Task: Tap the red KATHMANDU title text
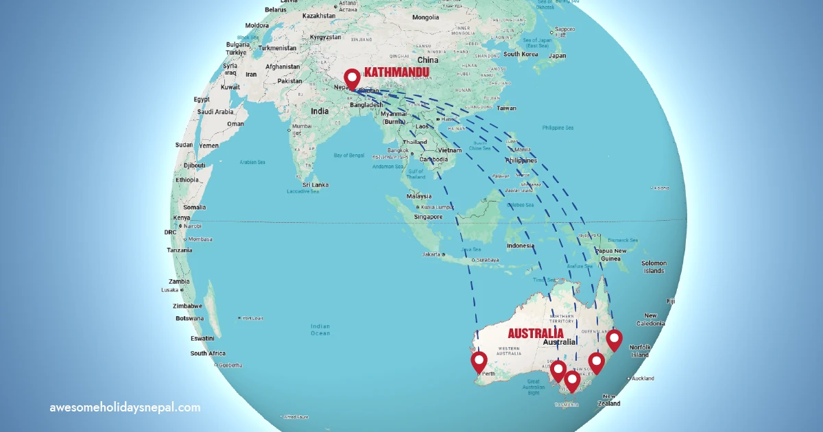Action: coord(396,72)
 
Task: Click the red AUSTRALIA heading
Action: coord(536,333)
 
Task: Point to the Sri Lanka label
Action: coord(315,184)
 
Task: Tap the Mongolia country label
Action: coord(425,17)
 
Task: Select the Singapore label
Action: coord(428,217)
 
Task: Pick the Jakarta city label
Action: coord(431,254)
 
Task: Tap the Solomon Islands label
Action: coord(654,267)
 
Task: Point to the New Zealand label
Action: coord(611,400)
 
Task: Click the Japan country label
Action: coord(557,56)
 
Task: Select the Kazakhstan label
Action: coord(318,15)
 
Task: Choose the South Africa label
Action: coord(208,353)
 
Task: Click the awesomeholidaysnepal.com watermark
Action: coord(125,407)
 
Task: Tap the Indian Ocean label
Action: coord(320,330)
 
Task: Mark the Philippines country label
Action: coord(521,160)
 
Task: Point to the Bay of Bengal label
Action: coord(349,156)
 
